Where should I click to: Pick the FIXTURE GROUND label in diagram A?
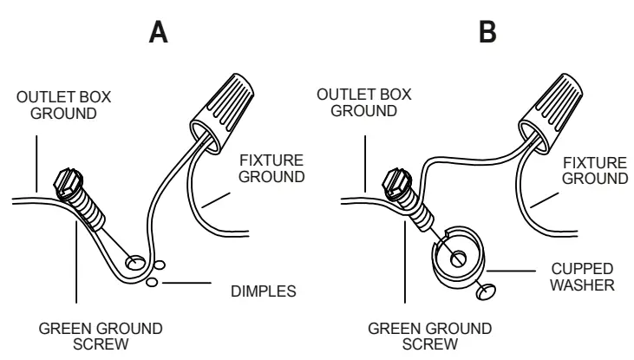(276, 168)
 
